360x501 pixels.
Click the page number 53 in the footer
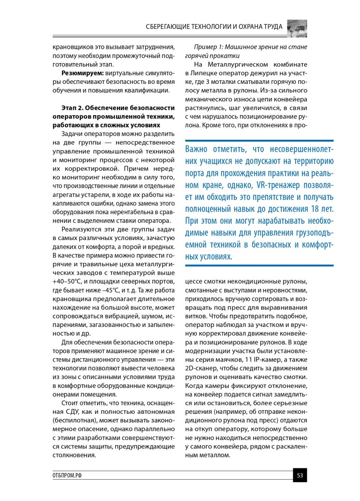[x=300, y=475]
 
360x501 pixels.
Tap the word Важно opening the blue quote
[x=199, y=149]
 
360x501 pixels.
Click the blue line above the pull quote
[x=259, y=141]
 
